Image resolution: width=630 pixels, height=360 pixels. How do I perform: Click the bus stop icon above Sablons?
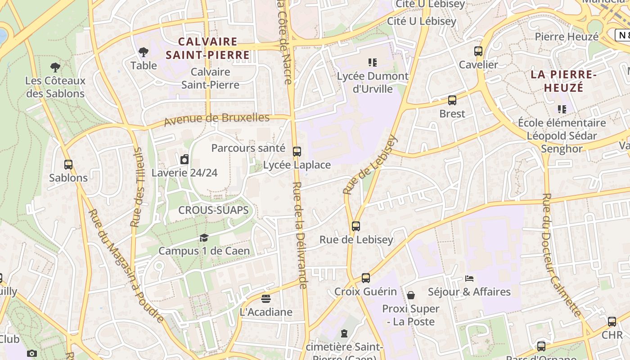tap(68, 165)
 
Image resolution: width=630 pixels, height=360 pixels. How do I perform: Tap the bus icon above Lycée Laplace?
tap(297, 152)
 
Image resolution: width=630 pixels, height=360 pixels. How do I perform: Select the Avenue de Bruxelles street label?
tap(216, 120)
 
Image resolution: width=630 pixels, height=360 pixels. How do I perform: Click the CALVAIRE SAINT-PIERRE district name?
tap(207, 49)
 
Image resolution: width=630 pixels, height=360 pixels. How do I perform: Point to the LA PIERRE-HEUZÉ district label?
tap(563, 81)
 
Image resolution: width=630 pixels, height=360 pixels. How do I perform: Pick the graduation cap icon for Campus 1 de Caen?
tap(204, 238)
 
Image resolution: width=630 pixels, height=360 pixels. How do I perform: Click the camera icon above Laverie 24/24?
tap(184, 159)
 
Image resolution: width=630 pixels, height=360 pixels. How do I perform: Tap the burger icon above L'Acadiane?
tap(266, 299)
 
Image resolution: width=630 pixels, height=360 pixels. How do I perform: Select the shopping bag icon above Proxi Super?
tap(411, 295)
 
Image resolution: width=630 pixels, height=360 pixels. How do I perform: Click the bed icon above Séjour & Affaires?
tap(469, 279)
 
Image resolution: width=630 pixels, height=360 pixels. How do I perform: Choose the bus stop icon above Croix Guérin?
tap(366, 278)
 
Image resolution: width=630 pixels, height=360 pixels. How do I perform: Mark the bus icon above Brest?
tap(452, 100)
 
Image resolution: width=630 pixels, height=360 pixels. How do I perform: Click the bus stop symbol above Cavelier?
tap(478, 51)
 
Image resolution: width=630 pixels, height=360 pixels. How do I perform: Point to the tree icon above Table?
tap(144, 52)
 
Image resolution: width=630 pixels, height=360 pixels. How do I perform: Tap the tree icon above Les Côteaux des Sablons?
tap(55, 67)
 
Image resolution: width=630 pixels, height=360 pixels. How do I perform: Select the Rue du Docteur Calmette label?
tap(560, 254)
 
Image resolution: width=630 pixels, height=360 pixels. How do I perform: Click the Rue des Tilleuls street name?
tap(137, 187)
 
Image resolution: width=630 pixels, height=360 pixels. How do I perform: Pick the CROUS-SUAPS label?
tap(213, 210)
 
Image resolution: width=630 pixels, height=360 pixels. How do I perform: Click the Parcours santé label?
tap(248, 148)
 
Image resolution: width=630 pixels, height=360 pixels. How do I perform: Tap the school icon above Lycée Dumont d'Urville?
tap(373, 63)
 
